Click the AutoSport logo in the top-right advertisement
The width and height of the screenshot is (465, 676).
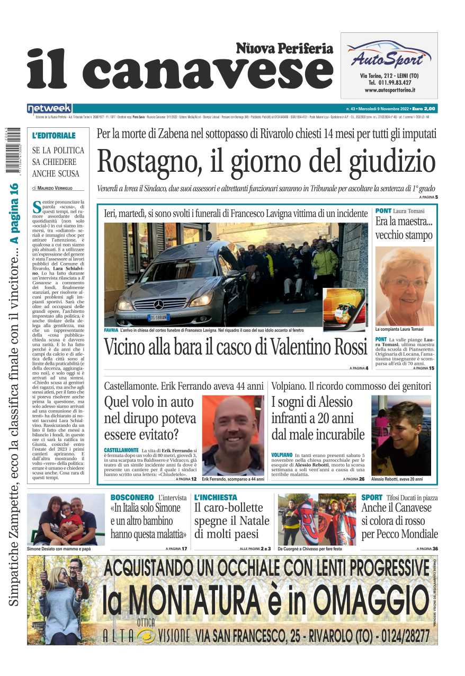[389, 55]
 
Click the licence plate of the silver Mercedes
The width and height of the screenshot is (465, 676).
[159, 318]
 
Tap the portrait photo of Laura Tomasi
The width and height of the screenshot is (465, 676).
[404, 286]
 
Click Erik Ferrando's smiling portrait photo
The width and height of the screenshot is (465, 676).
[232, 435]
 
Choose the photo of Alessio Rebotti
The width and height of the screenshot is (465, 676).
[400, 435]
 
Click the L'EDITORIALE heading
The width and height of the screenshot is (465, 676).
[53, 136]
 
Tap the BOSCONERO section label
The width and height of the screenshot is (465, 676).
[132, 498]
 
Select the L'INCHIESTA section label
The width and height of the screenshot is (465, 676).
[216, 498]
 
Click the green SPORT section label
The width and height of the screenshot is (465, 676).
[372, 498]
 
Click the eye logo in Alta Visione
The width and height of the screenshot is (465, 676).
[146, 635]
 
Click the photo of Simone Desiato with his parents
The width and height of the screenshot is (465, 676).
[66, 519]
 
